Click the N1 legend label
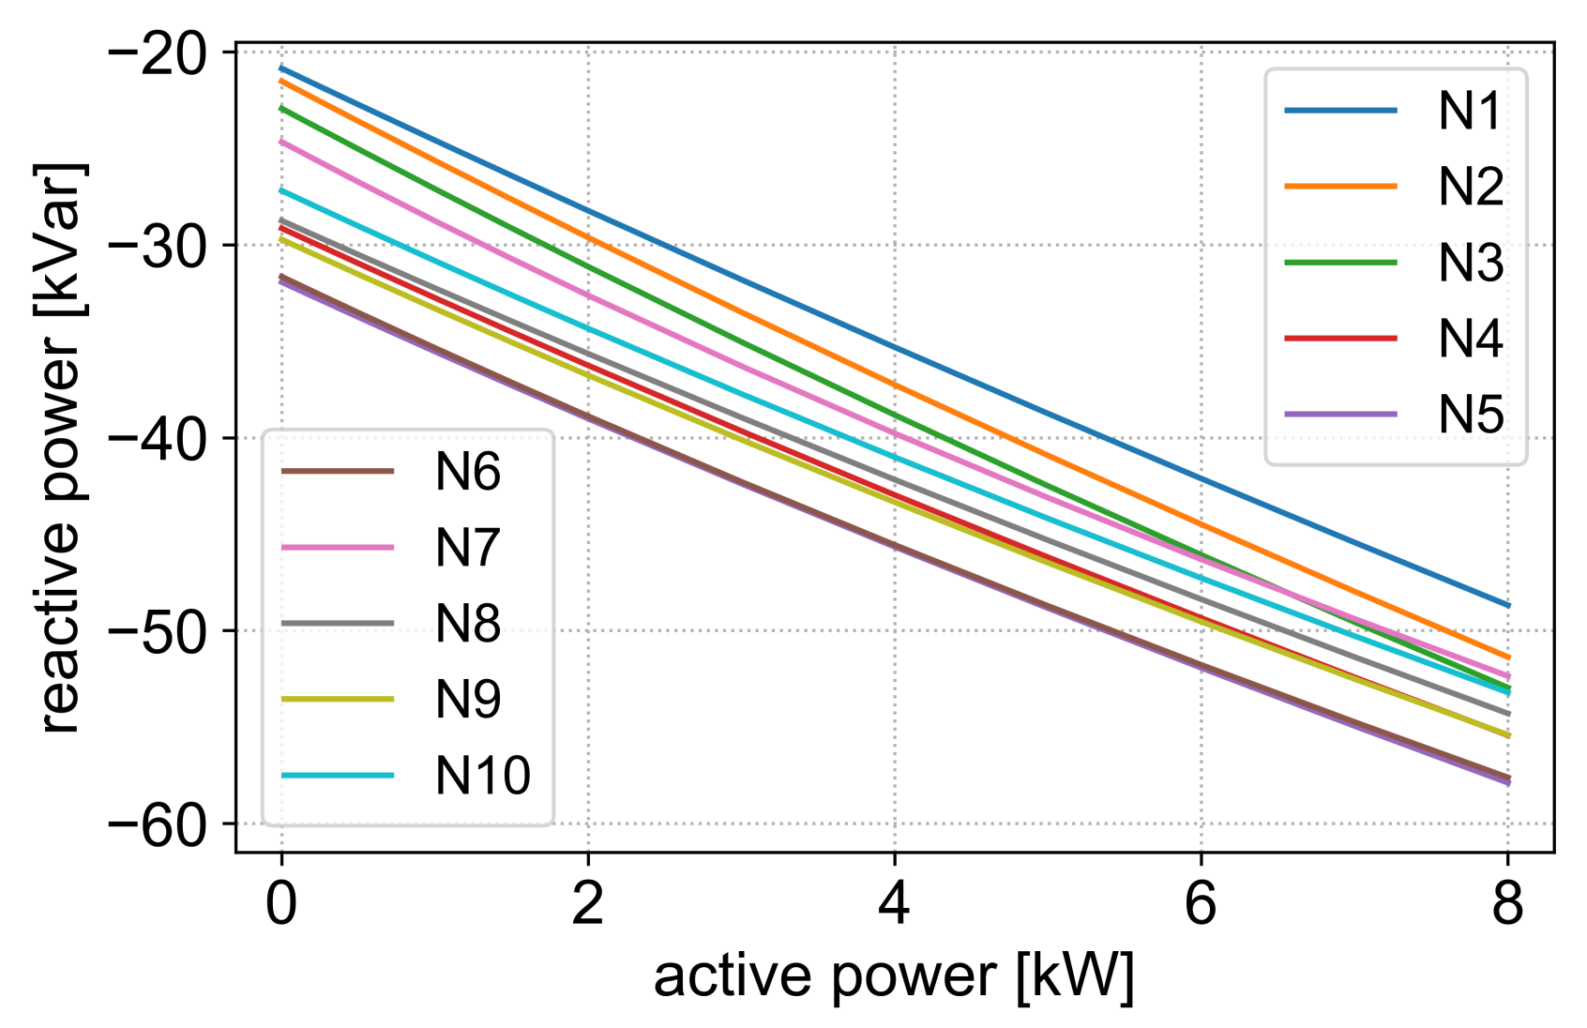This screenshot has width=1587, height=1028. (1470, 111)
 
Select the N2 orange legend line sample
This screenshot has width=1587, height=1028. (1340, 187)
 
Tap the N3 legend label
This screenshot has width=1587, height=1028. (1470, 263)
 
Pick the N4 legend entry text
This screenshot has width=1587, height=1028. (1470, 339)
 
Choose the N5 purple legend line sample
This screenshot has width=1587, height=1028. (1340, 415)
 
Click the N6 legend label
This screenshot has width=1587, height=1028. (467, 472)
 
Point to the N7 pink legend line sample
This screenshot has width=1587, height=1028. (338, 547)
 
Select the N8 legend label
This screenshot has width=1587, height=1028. (467, 623)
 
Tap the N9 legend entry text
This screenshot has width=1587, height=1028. (467, 699)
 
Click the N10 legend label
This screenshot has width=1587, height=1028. (482, 775)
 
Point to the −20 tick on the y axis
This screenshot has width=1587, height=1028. (158, 53)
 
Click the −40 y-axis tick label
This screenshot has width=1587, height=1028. (158, 438)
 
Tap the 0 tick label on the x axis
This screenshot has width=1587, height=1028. (281, 904)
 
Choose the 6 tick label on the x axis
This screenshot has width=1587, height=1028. (1201, 904)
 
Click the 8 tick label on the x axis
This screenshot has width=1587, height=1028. (1507, 904)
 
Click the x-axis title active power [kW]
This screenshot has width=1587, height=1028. (894, 977)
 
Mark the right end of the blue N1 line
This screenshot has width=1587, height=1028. (1507, 605)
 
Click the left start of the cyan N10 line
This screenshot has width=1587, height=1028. (282, 190)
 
